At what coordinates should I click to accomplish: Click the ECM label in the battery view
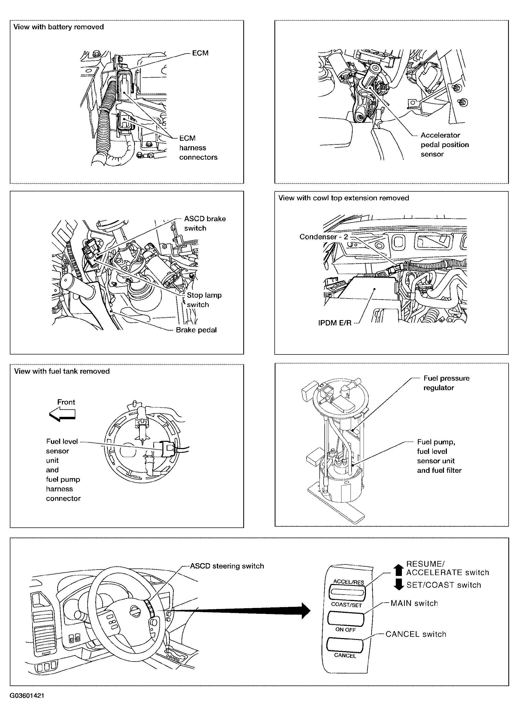pos(200,53)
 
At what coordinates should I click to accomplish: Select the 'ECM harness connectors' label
pos(198,148)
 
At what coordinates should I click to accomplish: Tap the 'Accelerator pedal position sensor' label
pos(444,145)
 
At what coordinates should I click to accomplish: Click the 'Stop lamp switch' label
pos(204,300)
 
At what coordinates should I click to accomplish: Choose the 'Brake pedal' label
pos(196,330)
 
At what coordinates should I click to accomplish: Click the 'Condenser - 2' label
pos(323,237)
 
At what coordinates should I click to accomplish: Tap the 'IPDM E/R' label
pos(335,323)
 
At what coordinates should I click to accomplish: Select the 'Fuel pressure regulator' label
pos(446,383)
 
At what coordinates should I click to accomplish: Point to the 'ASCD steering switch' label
pos(227,566)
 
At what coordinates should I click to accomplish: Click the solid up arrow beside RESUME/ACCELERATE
pos(399,570)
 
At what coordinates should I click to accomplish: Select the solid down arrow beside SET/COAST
pos(399,584)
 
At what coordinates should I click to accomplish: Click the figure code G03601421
pos(27,696)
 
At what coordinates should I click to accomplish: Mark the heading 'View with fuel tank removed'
pos(62,371)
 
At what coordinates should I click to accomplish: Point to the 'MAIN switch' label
pos(414,603)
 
